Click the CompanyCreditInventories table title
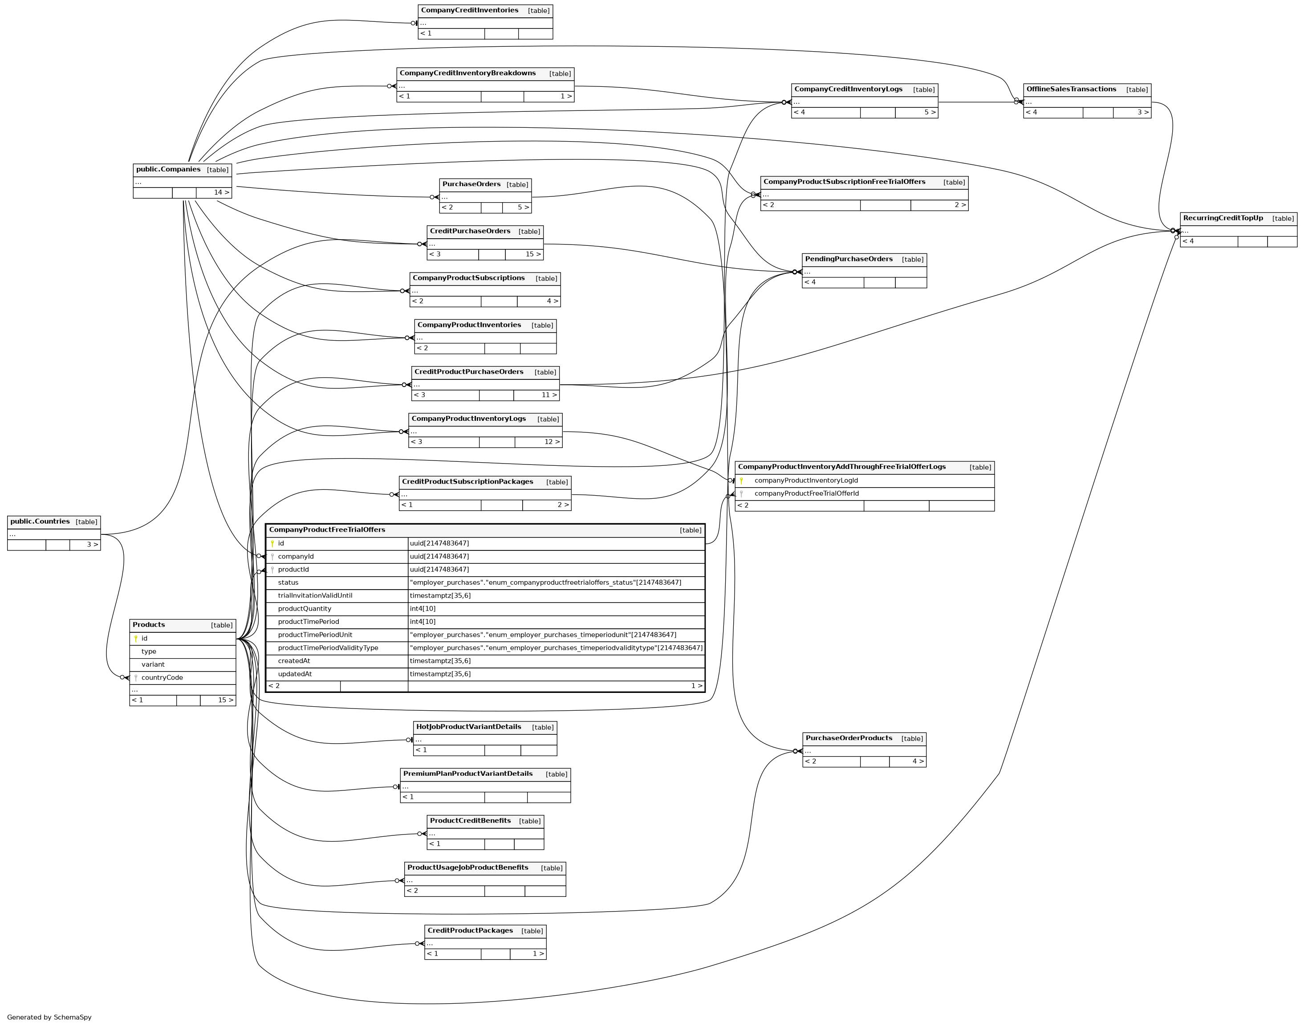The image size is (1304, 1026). (x=469, y=11)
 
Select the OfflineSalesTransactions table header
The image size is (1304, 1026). (x=1071, y=90)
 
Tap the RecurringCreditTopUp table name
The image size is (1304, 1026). (x=1223, y=219)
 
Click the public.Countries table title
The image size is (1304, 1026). (x=40, y=522)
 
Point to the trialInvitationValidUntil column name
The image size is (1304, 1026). (x=315, y=596)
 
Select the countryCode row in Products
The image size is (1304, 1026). (x=162, y=678)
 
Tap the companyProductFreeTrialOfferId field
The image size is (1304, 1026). (x=806, y=494)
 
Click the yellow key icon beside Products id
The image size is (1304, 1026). (x=136, y=639)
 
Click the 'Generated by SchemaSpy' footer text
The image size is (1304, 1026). (x=49, y=1017)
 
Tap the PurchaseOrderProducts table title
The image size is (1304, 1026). (x=848, y=738)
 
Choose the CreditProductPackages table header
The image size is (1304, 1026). (x=470, y=931)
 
